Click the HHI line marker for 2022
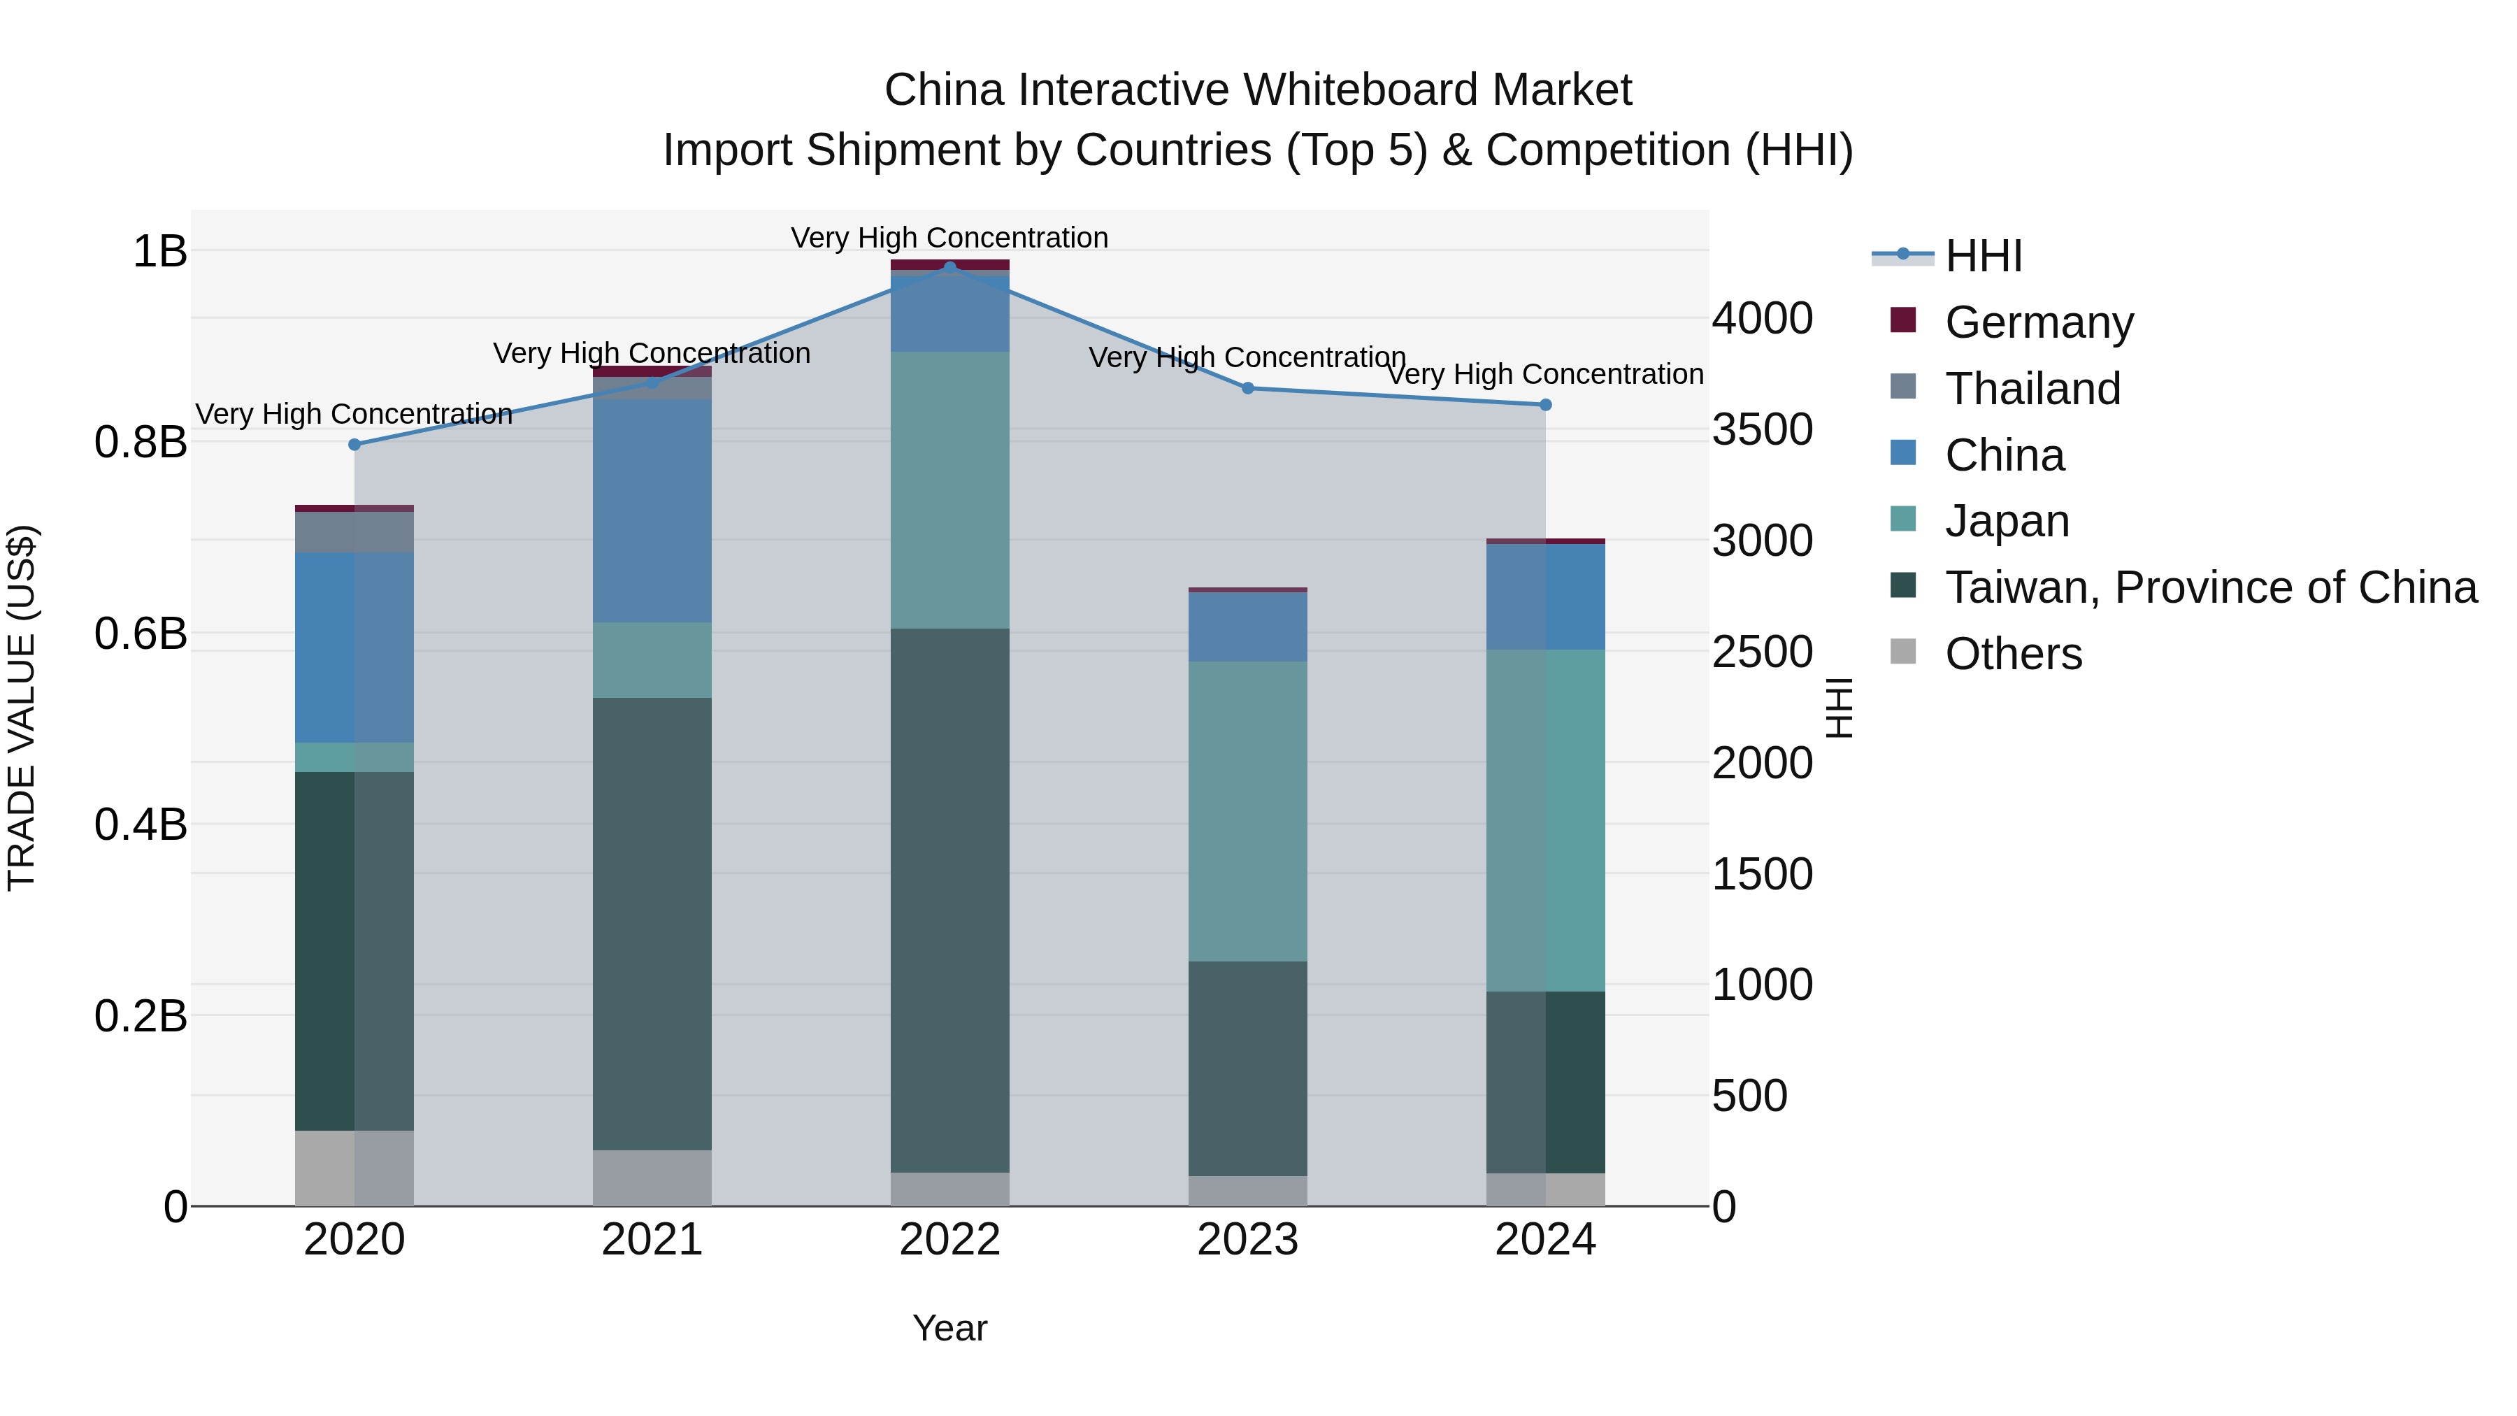tap(949, 268)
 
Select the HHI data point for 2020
tap(354, 445)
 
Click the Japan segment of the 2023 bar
tap(1248, 811)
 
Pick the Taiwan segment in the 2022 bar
tap(949, 899)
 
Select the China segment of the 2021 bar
tap(652, 510)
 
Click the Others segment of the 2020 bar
tap(354, 1168)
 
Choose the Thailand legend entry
tap(2032, 389)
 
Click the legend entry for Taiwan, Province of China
tap(2210, 587)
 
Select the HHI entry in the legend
tap(1983, 256)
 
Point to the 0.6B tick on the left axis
tap(141, 634)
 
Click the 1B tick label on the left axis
tap(159, 251)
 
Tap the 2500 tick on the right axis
tap(1762, 652)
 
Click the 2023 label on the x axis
tap(1248, 1240)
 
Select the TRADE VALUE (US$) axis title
tap(22, 708)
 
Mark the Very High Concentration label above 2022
tap(949, 238)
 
